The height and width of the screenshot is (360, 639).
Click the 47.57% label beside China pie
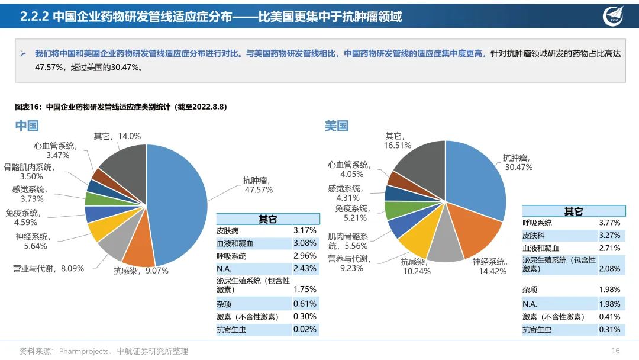tap(259, 190)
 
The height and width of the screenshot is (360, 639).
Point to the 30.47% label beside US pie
tap(518, 168)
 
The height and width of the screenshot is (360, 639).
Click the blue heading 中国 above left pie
tap(27, 126)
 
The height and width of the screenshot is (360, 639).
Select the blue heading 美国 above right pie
tap(336, 126)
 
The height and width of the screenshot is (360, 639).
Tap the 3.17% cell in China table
tap(305, 230)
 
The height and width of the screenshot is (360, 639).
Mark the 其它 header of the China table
tap(267, 219)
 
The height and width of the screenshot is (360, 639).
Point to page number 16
tap(615, 351)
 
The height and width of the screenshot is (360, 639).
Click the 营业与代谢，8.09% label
tap(49, 268)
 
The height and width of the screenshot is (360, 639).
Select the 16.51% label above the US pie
tap(397, 145)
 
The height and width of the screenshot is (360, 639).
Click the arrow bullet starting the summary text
tap(23, 53)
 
